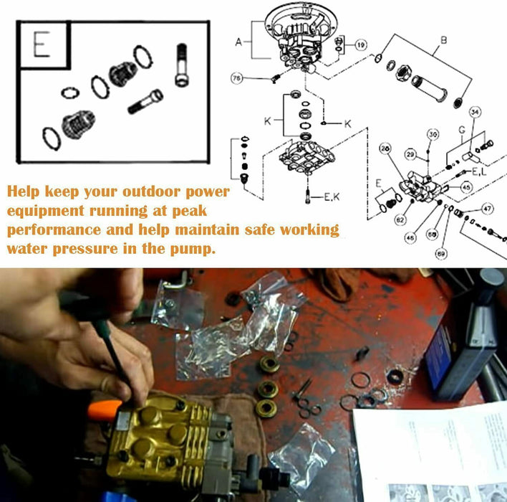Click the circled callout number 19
(x=360, y=44)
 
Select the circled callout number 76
(x=236, y=77)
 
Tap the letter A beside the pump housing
(x=239, y=42)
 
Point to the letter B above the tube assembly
(x=443, y=41)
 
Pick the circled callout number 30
(x=433, y=135)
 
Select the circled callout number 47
(x=487, y=209)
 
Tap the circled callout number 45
(x=465, y=188)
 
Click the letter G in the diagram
(x=462, y=129)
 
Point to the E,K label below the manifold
(x=329, y=198)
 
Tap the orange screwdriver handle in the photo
(x=102, y=410)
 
